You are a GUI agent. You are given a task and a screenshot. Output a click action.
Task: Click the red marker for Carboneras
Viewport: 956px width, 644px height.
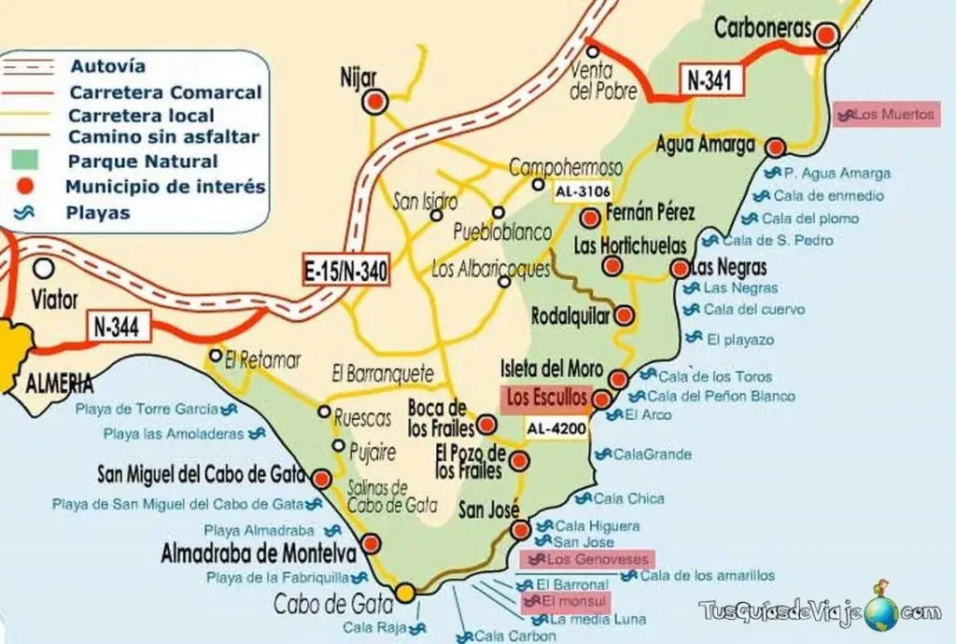tap(826, 35)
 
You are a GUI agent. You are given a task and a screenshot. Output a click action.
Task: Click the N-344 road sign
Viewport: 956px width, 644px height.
tap(119, 328)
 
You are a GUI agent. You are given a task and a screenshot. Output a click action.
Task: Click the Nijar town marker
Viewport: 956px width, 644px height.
tap(374, 103)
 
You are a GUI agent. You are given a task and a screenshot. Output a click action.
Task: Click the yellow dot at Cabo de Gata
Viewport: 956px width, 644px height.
tap(405, 592)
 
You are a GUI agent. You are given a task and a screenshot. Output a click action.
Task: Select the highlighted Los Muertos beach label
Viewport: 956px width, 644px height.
tap(887, 115)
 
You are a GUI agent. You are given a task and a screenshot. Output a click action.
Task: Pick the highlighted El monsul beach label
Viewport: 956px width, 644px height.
tap(566, 601)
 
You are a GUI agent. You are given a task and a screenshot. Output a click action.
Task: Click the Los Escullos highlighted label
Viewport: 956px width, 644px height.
tap(547, 399)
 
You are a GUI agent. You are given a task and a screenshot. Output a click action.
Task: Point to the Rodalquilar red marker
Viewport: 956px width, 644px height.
tap(625, 315)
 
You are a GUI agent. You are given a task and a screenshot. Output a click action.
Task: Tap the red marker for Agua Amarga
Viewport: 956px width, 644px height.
tap(775, 147)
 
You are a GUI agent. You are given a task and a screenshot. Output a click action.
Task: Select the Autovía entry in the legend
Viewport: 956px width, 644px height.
tap(107, 66)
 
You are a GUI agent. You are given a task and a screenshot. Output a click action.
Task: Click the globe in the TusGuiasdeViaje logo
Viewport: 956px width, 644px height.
tap(881, 612)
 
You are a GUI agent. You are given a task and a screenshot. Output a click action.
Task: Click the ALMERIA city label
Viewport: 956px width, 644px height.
tap(58, 383)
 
